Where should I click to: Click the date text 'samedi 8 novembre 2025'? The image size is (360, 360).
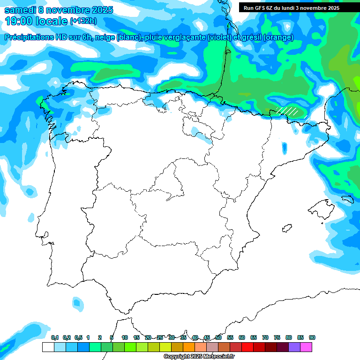tap(59, 10)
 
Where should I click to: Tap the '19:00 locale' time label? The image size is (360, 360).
tap(37, 21)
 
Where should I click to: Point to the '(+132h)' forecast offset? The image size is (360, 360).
tap(83, 21)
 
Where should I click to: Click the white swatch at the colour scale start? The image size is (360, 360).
tap(48, 347)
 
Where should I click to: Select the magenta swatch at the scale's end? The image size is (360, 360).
tap(307, 347)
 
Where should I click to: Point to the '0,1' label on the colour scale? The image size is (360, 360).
tap(54, 338)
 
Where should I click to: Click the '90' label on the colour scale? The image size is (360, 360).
tap(312, 338)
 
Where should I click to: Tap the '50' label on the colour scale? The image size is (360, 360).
tap(218, 338)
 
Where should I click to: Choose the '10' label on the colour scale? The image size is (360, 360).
tap(125, 338)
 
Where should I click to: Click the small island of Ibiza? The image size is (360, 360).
tap(285, 229)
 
